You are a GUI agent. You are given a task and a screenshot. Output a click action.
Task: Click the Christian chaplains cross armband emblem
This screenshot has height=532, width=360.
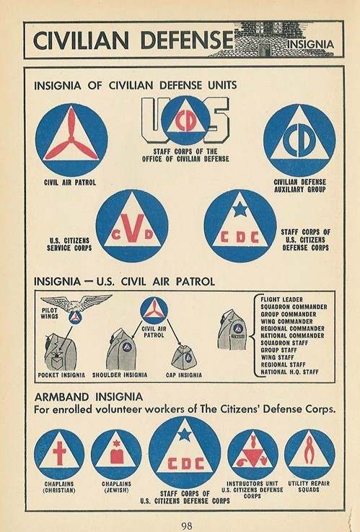[x=59, y=453]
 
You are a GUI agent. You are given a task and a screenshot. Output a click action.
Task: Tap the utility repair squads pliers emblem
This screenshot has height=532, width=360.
[x=309, y=453]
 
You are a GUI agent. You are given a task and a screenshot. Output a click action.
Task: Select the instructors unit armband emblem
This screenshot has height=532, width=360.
[x=253, y=453]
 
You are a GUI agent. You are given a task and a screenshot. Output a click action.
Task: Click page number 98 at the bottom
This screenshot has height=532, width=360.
[x=186, y=524]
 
